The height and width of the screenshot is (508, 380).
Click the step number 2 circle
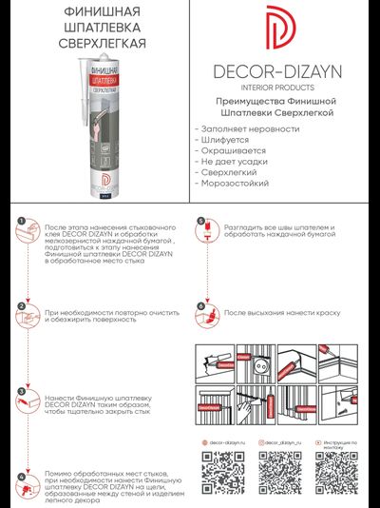[21, 307]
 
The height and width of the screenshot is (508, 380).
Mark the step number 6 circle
[200, 307]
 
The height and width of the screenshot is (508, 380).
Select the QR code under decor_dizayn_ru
[282, 470]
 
